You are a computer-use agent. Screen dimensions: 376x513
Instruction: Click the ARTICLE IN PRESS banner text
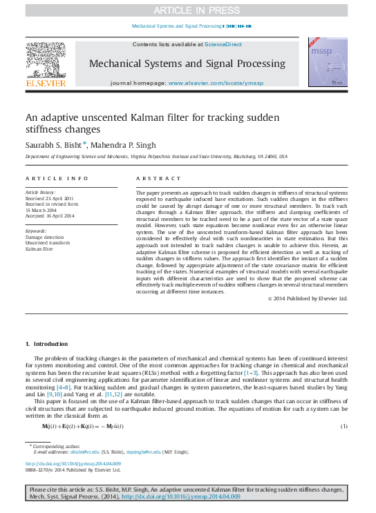(187, 10)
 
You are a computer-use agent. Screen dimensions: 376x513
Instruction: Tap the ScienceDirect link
(223, 44)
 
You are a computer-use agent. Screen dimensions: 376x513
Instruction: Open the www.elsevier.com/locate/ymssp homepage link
(215, 83)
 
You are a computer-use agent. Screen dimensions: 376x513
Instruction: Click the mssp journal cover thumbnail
(327, 62)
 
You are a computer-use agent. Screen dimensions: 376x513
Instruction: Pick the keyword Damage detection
(45, 238)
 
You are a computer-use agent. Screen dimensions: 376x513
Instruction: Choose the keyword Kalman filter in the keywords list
(41, 249)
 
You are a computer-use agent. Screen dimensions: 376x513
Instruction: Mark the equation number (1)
(344, 426)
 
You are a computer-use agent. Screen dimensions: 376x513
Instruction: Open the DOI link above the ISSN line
(73, 463)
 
